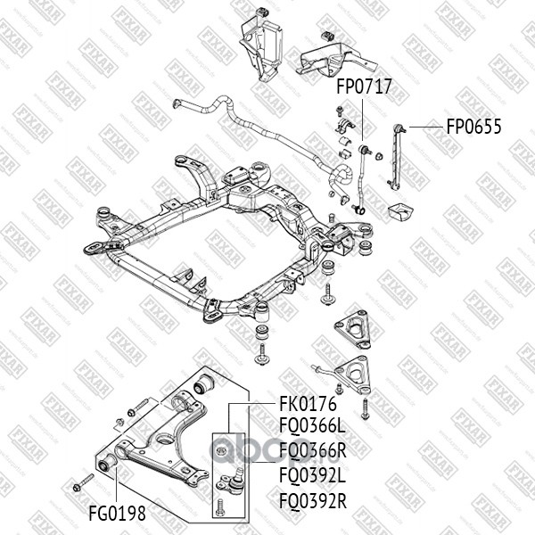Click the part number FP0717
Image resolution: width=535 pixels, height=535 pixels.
click(364, 87)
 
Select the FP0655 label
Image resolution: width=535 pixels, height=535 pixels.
click(473, 126)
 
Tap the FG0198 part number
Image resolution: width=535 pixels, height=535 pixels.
click(117, 514)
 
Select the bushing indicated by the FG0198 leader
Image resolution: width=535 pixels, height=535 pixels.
click(104, 464)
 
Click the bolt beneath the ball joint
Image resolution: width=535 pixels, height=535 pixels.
click(220, 510)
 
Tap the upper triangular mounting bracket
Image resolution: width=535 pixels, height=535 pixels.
click(353, 331)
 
